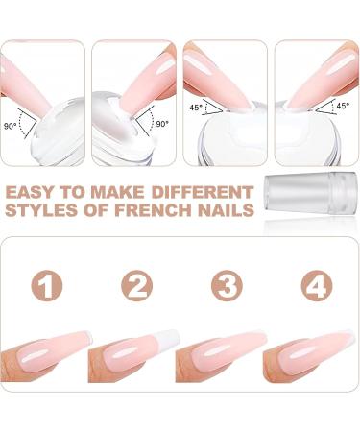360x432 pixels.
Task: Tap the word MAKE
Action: click(x=117, y=192)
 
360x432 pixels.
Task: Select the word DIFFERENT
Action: click(x=203, y=192)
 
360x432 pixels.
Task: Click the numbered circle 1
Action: click(x=47, y=285)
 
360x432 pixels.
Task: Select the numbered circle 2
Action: click(x=137, y=285)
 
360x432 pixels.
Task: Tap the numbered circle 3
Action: click(x=227, y=285)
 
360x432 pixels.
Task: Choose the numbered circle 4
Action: click(x=317, y=285)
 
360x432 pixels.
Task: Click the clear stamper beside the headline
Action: click(x=310, y=191)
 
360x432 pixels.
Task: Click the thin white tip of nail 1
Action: click(x=89, y=336)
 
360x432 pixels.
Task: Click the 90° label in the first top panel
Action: click(x=10, y=126)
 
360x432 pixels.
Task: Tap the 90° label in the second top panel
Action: click(x=162, y=124)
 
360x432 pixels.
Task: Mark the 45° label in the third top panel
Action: click(x=196, y=108)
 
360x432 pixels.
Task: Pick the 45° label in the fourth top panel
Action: click(x=343, y=106)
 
